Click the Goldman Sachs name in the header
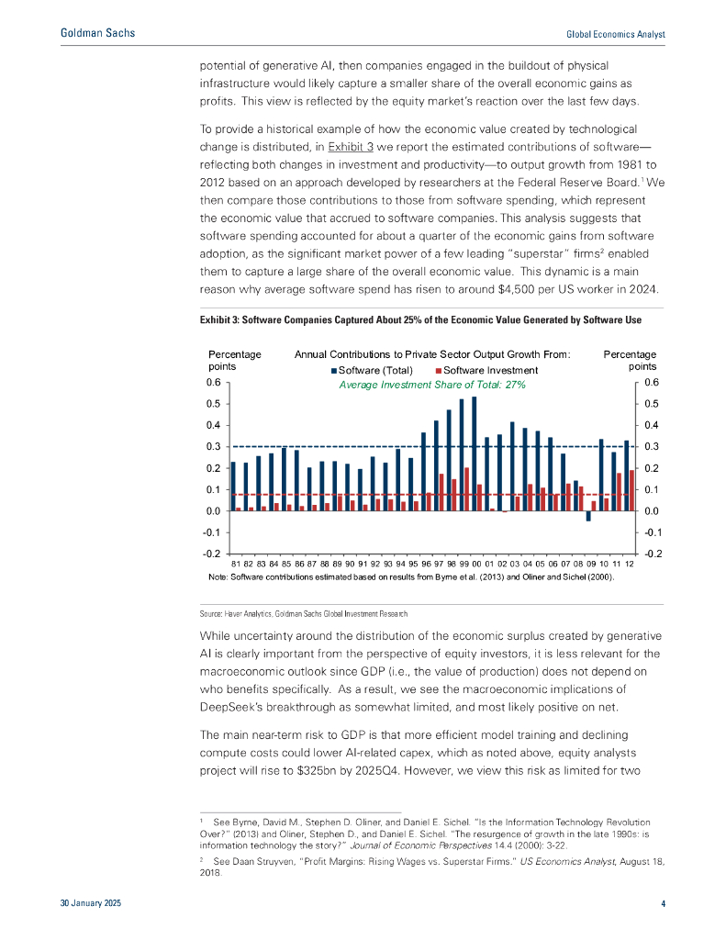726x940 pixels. [96, 33]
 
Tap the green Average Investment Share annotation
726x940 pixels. [431, 385]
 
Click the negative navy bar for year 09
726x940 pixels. [588, 516]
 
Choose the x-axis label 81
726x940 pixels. [235, 562]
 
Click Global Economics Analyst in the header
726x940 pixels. [615, 34]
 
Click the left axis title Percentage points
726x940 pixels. [235, 360]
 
